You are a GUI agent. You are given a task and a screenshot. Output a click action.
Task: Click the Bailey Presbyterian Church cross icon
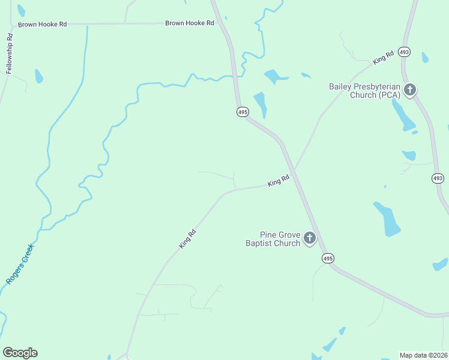410,90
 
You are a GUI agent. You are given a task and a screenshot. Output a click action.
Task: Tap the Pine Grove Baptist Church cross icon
310,239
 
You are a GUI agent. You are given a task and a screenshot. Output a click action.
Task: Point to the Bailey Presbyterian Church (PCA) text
364,91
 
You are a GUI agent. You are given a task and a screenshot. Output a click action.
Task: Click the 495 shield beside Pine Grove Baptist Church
327,258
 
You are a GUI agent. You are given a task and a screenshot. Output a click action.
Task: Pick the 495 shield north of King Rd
242,112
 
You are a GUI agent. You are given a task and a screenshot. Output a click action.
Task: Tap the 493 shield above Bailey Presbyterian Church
405,52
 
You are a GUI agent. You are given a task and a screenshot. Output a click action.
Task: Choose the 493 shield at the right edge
438,178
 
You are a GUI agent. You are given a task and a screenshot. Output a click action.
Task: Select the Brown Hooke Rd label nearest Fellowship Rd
42,25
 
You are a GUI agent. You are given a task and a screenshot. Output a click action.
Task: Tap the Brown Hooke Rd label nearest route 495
190,23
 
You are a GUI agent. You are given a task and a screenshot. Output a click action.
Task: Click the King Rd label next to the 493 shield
383,58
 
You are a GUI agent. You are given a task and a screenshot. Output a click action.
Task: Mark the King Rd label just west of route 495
279,179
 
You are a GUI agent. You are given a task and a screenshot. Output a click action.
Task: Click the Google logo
20,353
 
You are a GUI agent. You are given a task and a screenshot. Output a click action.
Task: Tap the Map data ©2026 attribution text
423,355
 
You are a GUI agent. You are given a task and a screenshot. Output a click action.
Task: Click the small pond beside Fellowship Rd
39,76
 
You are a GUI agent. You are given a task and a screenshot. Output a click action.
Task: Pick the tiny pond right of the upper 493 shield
425,58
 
